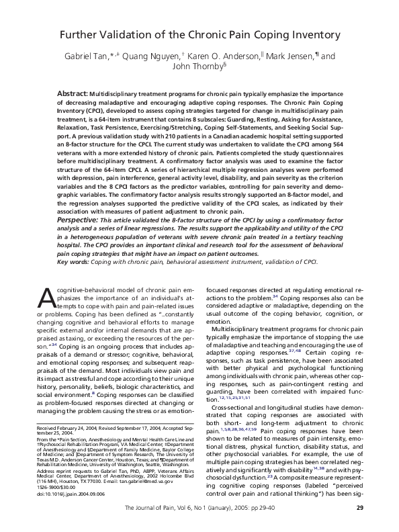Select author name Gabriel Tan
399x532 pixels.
point(92,56)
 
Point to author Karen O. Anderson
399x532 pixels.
point(240,56)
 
